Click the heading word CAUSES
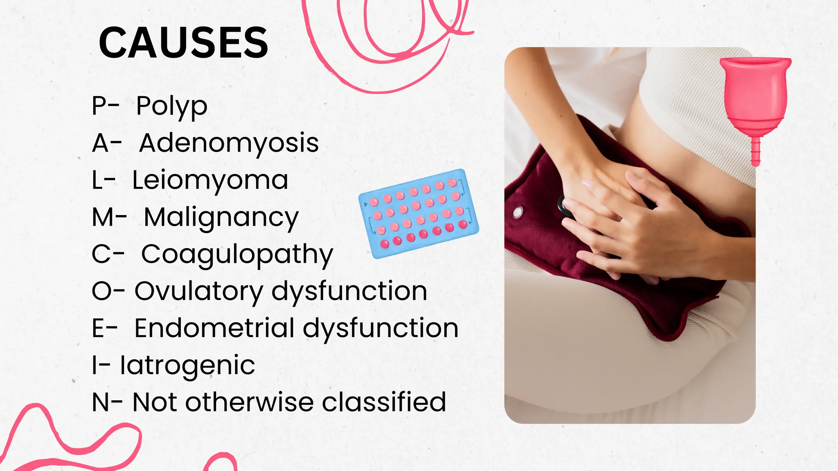tap(183, 43)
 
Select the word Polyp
tap(172, 106)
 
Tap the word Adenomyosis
tap(229, 143)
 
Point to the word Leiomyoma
tap(210, 180)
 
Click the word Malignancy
tap(221, 218)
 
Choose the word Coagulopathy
tap(237, 254)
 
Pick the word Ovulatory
tap(199, 292)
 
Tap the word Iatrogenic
tap(187, 366)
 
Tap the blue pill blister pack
tap(419, 213)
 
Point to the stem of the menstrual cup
tap(755, 151)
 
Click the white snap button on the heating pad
tap(518, 212)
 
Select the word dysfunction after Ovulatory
tap(349, 292)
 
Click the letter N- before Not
tap(107, 402)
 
